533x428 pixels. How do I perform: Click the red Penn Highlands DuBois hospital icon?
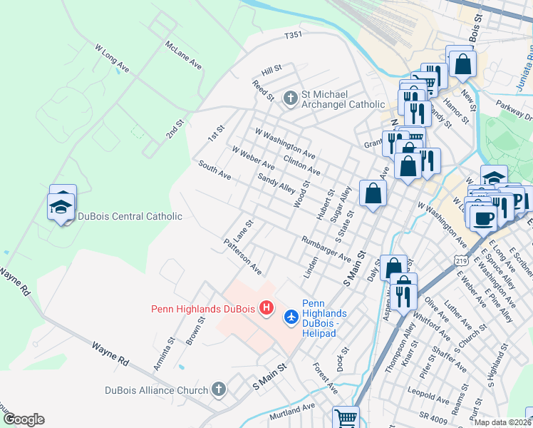click(266, 308)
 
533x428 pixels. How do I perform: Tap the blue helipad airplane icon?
click(291, 315)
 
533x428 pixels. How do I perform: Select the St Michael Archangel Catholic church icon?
click(290, 98)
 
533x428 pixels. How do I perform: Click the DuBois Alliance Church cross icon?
click(219, 390)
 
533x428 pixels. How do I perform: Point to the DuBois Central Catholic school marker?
click(62, 207)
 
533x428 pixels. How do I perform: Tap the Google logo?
click(24, 419)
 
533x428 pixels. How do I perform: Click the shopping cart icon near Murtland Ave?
click(346, 417)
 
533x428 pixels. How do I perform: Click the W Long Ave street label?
click(112, 57)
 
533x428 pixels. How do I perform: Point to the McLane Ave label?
click(184, 55)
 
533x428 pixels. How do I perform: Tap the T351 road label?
click(294, 34)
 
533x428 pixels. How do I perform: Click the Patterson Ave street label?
click(242, 257)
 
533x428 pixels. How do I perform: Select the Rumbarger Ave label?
click(326, 249)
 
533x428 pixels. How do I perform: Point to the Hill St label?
click(271, 69)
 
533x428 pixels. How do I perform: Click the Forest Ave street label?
click(325, 377)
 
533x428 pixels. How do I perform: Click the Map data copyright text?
click(503, 422)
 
